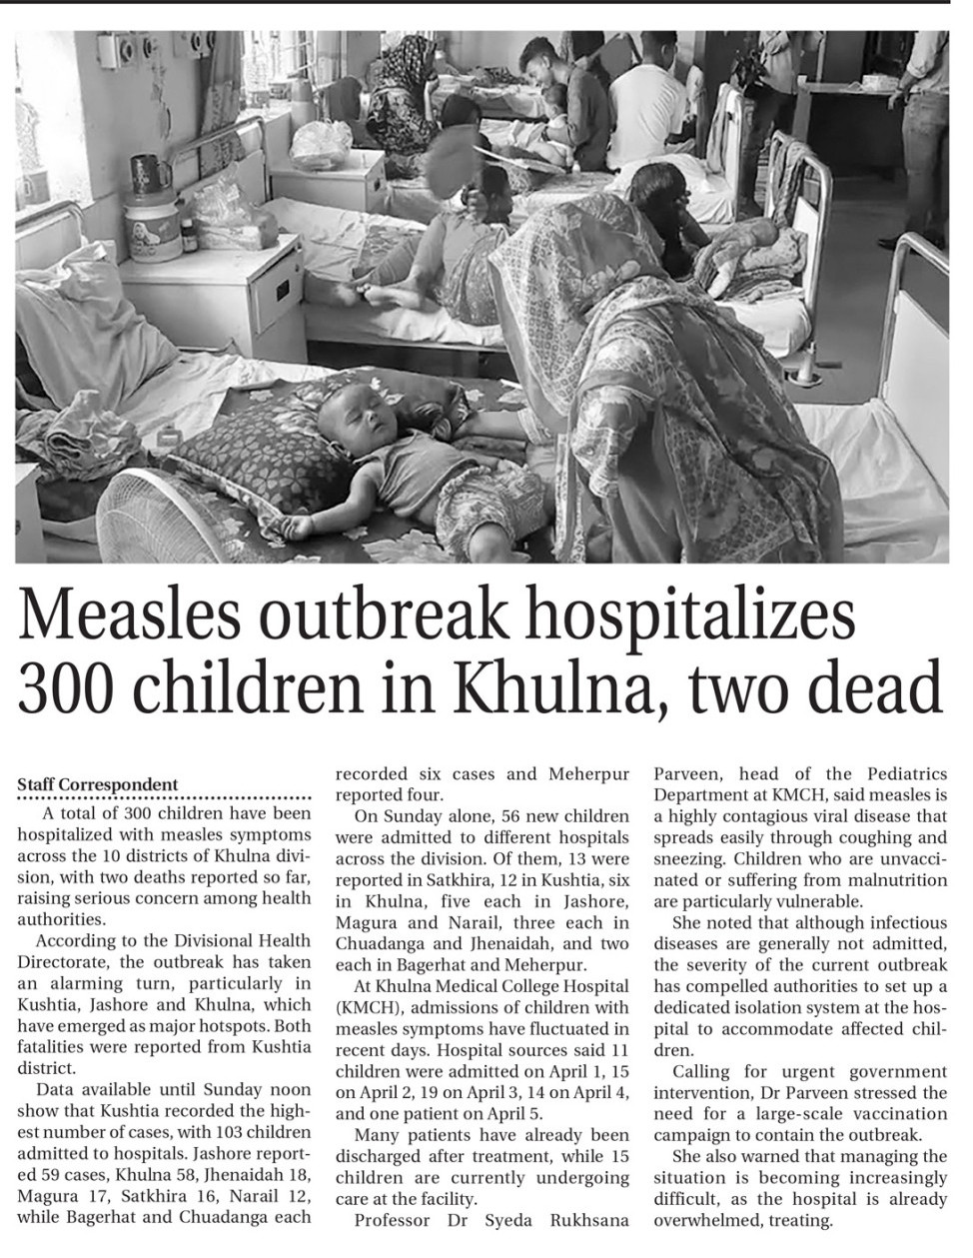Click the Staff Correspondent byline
click(x=98, y=785)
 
